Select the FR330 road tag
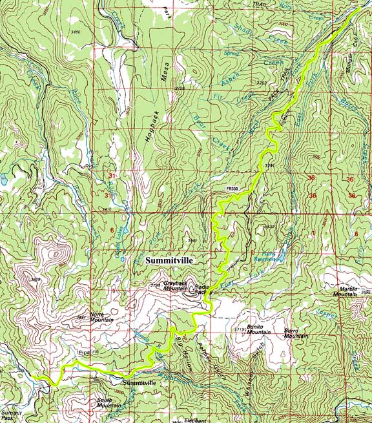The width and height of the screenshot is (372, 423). [x=233, y=189]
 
